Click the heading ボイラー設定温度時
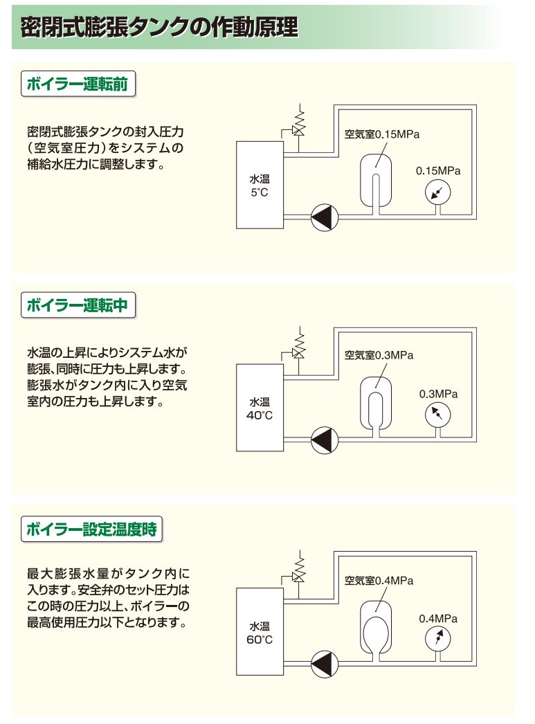coord(91,531)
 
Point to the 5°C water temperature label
coord(260,186)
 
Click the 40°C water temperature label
coord(260,409)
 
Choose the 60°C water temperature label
coord(260,633)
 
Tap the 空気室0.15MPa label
coord(383,134)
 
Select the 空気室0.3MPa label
coord(379,356)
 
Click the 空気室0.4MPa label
coord(379,580)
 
